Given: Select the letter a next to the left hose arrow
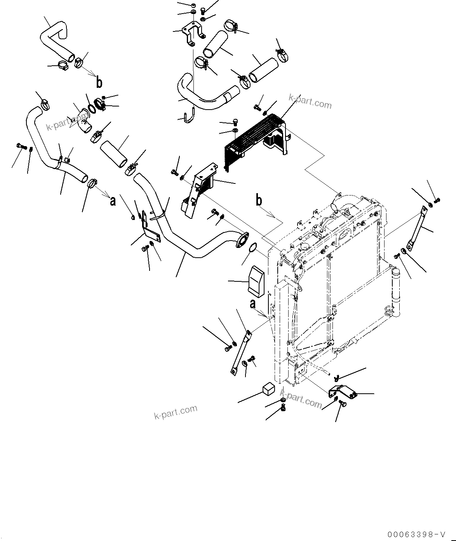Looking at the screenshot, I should click(113, 201).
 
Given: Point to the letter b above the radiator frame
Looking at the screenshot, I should click(259, 200).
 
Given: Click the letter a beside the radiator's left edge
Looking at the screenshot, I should click(253, 304).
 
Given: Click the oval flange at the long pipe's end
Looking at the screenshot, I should click(242, 239).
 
